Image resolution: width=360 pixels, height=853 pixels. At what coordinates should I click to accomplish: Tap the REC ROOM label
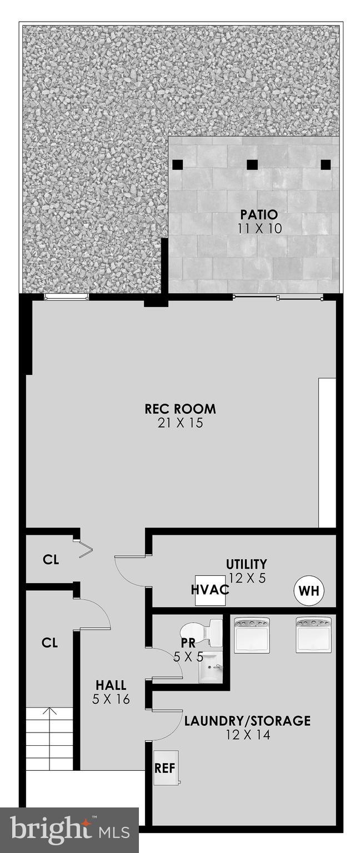(180, 409)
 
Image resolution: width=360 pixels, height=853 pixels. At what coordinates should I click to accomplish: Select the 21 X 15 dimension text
(180, 423)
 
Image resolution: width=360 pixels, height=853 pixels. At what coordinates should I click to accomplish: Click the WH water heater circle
(309, 590)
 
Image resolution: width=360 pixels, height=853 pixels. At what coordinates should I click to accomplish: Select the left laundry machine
(252, 635)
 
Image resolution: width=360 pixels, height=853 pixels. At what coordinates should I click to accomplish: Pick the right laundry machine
(313, 635)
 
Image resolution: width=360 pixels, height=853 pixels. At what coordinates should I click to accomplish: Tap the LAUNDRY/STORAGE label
(247, 721)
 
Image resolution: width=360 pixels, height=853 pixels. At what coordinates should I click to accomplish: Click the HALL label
(111, 685)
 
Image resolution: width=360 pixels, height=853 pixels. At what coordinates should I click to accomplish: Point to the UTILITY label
(246, 564)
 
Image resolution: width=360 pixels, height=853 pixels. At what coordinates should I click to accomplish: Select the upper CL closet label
(51, 560)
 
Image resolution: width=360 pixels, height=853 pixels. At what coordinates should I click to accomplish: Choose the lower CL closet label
(50, 643)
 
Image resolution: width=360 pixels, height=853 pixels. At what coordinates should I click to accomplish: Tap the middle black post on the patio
(252, 164)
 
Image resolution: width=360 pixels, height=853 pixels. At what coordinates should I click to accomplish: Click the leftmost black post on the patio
(177, 164)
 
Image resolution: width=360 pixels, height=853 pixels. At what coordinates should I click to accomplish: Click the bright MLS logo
(69, 830)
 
